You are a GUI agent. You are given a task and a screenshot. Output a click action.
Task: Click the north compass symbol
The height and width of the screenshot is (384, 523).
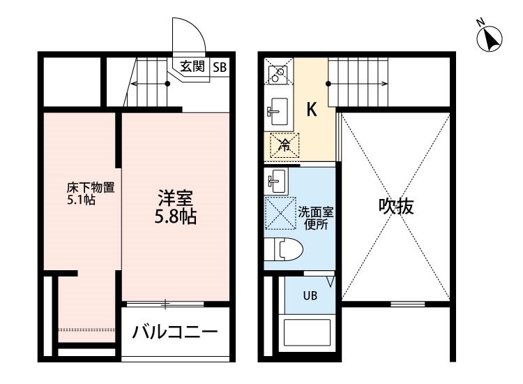click(490, 38)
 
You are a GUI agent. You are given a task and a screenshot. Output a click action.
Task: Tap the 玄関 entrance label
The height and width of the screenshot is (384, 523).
click(192, 66)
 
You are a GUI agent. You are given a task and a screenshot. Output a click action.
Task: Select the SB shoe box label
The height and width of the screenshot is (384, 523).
click(220, 68)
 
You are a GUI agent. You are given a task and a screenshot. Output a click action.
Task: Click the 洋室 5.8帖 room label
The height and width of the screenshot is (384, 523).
click(175, 207)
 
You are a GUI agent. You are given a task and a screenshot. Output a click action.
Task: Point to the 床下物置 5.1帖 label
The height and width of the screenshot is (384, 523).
click(91, 193)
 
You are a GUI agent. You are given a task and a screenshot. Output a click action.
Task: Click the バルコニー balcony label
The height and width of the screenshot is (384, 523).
click(175, 332)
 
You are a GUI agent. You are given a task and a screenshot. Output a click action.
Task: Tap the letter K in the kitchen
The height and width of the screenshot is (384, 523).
click(312, 109)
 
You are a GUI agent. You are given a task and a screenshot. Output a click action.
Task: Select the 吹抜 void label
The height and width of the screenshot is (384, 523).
click(396, 206)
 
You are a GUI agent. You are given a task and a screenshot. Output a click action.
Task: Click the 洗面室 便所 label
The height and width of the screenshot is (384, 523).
click(315, 218)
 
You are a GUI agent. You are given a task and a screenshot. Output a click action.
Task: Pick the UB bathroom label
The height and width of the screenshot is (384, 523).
click(310, 295)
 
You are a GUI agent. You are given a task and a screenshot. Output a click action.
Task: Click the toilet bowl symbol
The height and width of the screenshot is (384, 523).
click(283, 249)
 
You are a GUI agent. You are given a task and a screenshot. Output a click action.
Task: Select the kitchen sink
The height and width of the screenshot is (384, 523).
click(278, 112)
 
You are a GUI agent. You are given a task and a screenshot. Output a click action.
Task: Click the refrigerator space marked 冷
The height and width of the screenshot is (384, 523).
click(285, 145)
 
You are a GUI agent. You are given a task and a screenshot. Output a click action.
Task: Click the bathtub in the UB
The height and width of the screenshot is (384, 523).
click(307, 332)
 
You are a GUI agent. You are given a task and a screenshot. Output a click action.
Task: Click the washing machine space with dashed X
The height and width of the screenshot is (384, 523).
click(280, 214)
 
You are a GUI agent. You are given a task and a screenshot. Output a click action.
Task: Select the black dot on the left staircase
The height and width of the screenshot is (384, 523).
click(168, 84)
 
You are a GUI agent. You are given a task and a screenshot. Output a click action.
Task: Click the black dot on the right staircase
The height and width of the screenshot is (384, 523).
click(328, 84)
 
